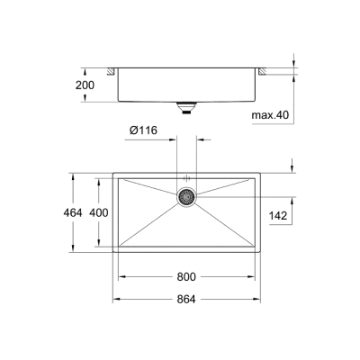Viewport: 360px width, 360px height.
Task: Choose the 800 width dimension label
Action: click(187, 277)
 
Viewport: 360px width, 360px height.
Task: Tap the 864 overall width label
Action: click(187, 299)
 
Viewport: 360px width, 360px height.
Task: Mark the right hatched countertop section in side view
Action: click(264, 70)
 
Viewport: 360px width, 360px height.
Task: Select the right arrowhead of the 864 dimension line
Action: click(259, 299)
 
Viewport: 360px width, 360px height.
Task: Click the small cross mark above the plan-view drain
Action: click(186, 177)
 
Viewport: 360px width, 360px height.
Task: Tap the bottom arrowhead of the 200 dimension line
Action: click(86, 102)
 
